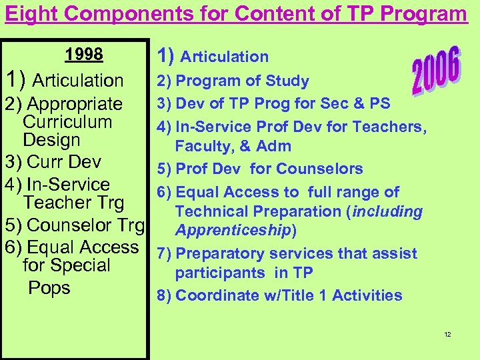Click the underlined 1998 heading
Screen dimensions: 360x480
(x=84, y=54)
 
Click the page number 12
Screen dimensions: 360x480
(x=447, y=334)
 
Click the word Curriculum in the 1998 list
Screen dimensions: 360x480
(x=67, y=122)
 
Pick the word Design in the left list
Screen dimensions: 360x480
(x=51, y=140)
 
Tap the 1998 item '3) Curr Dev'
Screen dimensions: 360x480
(x=53, y=162)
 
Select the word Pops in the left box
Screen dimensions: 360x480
(x=49, y=288)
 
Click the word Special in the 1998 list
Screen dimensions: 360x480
(x=79, y=265)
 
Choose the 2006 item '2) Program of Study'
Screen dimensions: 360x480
(x=233, y=81)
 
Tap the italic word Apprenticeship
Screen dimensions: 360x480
(x=233, y=230)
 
